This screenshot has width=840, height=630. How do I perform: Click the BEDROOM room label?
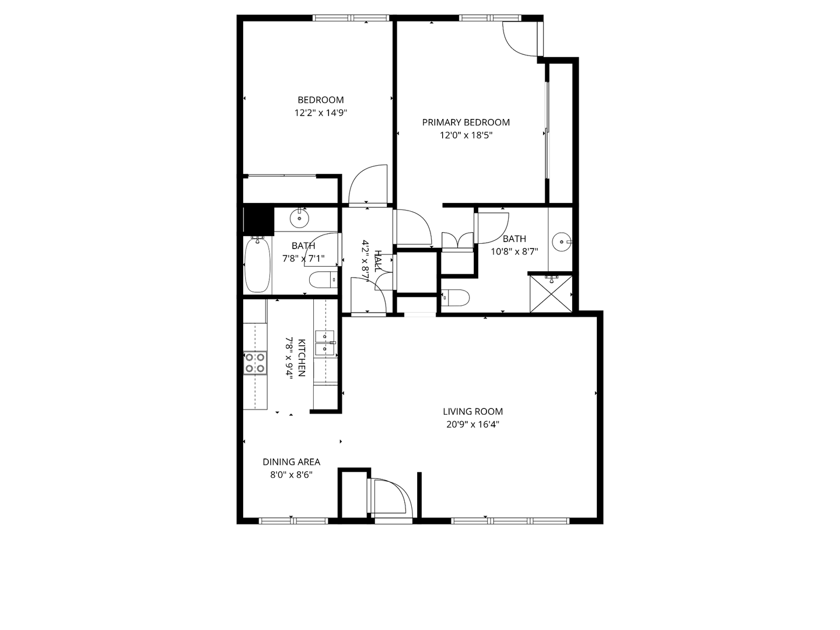click(x=320, y=100)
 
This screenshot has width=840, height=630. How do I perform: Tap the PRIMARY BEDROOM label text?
click(x=466, y=122)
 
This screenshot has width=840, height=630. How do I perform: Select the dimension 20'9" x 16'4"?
click(x=473, y=425)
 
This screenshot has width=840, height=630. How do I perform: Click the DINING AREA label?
click(x=291, y=461)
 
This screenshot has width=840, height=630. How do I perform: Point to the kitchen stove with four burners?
click(x=255, y=363)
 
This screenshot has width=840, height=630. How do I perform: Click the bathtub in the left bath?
click(x=257, y=265)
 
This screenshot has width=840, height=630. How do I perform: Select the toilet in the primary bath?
click(x=456, y=298)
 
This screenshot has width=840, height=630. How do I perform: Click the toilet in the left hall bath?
click(x=323, y=280)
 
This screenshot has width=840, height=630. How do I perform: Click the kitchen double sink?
click(x=324, y=343)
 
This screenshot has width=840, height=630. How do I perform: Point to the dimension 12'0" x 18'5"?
click(x=466, y=135)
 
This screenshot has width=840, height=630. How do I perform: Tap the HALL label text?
click(x=378, y=261)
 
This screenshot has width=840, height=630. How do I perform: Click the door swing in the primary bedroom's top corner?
click(x=521, y=38)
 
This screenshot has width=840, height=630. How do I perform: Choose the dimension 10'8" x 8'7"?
click(x=514, y=251)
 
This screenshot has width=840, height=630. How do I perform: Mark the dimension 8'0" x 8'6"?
click(x=291, y=475)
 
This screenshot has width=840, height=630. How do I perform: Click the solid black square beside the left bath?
click(x=258, y=220)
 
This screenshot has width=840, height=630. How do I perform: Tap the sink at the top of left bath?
click(x=299, y=218)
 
